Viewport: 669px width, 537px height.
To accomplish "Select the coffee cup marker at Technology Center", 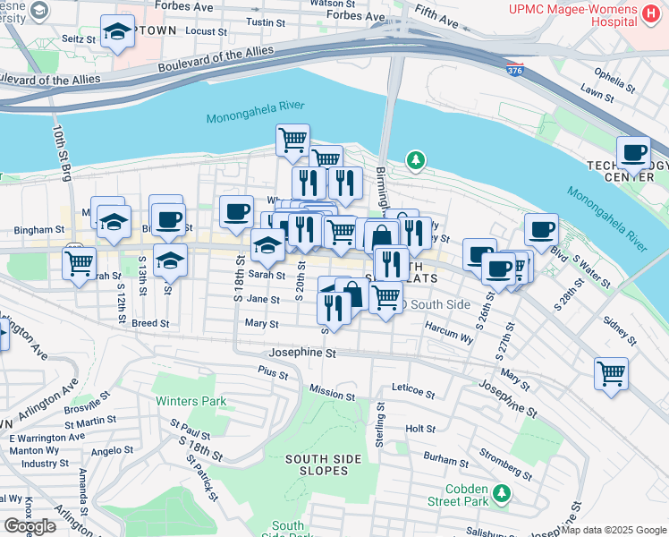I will pyautogui.click(x=633, y=152).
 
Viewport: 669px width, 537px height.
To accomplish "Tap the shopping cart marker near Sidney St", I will pyautogui.click(x=611, y=372).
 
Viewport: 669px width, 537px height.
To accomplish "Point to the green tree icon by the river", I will pyautogui.click(x=414, y=161).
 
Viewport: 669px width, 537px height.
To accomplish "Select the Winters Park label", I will pyautogui.click(x=191, y=401).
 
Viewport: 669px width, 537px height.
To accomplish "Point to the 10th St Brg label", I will pyautogui.click(x=62, y=152).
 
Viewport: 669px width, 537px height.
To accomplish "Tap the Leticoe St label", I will pyautogui.click(x=412, y=393).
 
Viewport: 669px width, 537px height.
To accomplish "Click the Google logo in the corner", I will pyautogui.click(x=30, y=526).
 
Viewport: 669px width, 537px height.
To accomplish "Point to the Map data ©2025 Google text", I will pyautogui.click(x=614, y=530).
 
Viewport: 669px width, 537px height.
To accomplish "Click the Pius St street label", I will pyautogui.click(x=273, y=372).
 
